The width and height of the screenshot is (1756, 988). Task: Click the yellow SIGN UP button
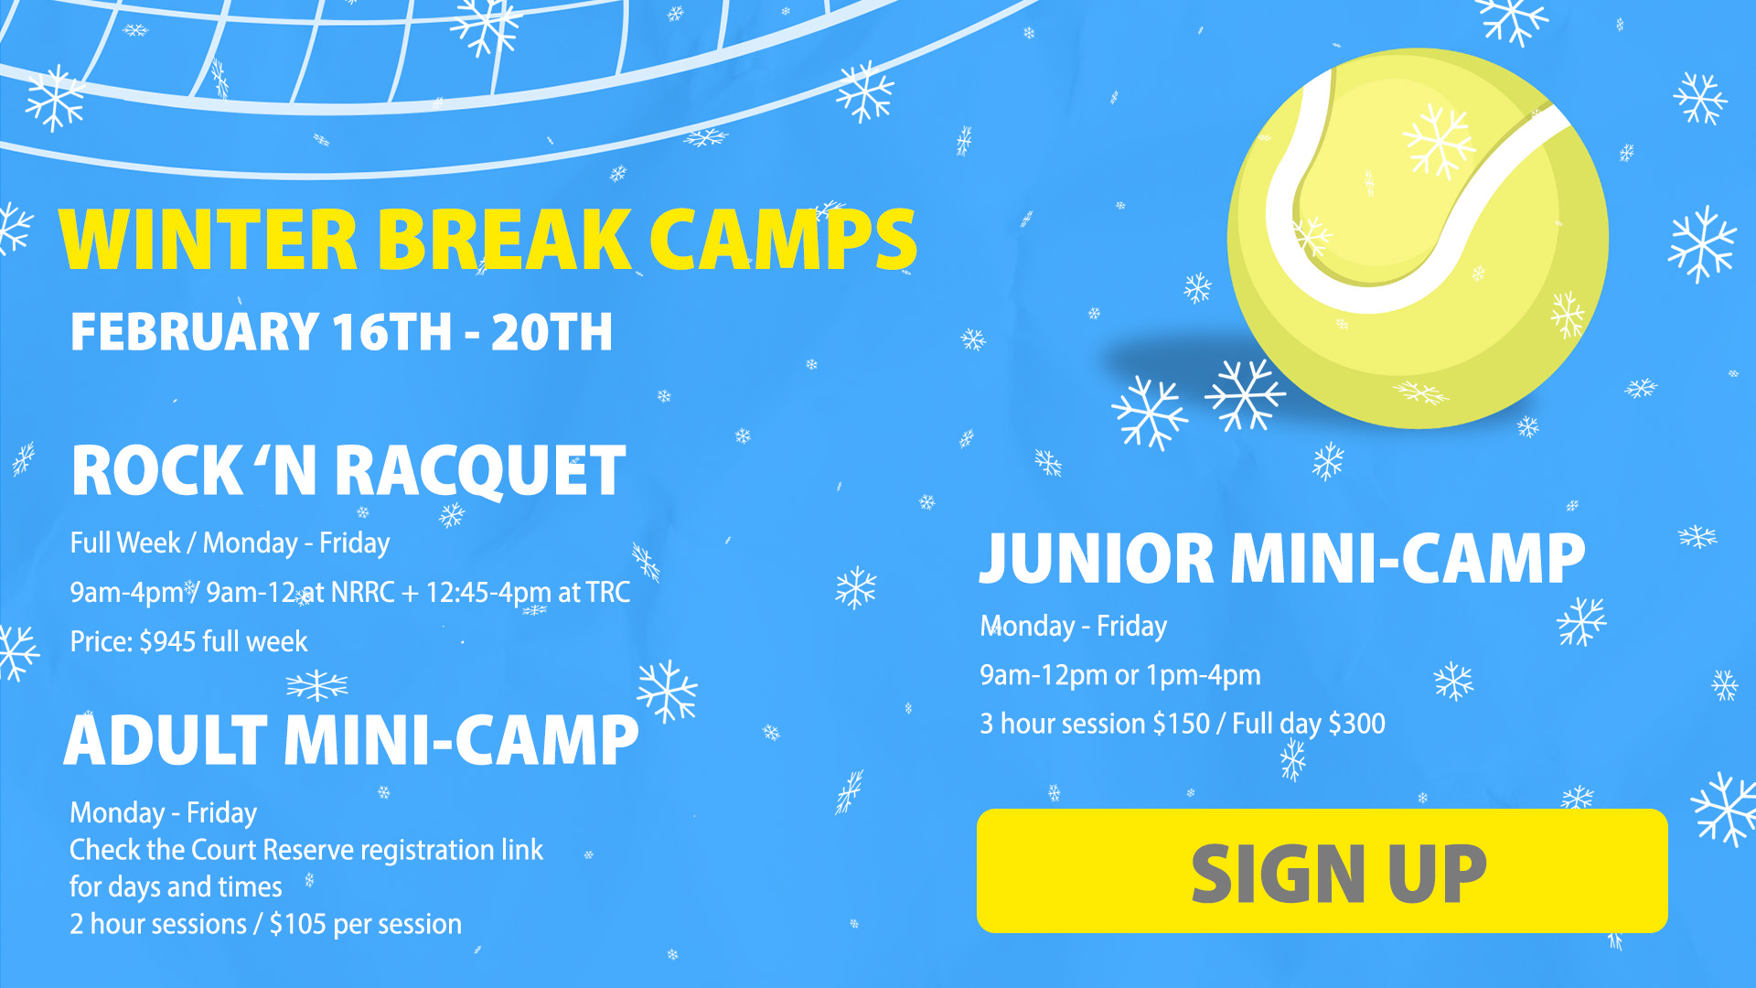1322,870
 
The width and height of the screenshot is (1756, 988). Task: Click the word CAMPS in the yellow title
783,240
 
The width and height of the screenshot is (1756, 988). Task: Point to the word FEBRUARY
194,331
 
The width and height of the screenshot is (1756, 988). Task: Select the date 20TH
551,331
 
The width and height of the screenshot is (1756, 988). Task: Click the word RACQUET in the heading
480,471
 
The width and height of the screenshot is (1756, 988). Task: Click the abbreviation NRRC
362,592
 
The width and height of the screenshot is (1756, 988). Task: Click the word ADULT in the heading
166,740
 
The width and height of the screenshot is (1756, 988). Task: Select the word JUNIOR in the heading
1097,559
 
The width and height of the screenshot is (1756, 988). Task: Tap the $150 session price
1181,724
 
